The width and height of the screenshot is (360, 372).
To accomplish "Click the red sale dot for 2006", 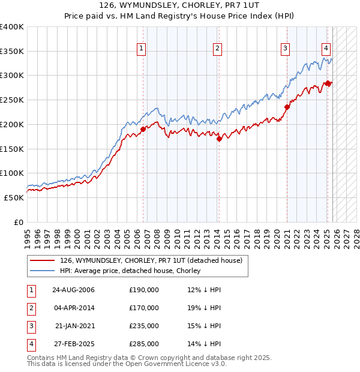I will [x=143, y=129].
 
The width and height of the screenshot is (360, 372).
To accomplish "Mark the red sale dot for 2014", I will [x=219, y=139].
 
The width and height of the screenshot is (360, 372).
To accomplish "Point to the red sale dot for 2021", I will [x=287, y=107].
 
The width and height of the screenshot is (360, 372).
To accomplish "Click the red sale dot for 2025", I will [x=328, y=83].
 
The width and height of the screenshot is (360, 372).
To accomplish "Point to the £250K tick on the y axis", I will [x=12, y=100].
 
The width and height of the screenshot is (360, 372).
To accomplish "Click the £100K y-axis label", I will [x=12, y=173].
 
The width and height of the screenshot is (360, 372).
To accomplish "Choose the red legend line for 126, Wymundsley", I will [x=43, y=260].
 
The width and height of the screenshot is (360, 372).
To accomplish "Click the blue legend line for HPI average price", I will [x=43, y=271].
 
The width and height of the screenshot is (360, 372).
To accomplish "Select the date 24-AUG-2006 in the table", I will [x=73, y=290].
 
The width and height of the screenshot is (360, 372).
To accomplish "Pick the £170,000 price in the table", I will [x=144, y=308].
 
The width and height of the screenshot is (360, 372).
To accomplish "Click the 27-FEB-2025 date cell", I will [x=73, y=344].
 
